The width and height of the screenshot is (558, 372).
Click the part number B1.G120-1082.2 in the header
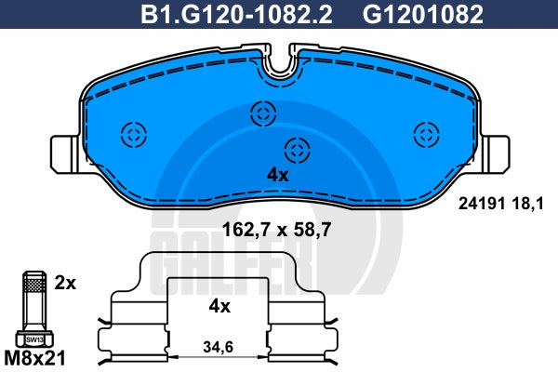pos(236,15)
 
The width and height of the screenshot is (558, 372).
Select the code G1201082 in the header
pos(423,15)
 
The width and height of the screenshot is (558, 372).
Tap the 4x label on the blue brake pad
pos(278,175)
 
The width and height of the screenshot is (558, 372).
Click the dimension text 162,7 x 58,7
pos(276,230)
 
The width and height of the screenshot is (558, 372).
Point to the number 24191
pos(482,204)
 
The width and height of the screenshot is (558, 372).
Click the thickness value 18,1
pos(529,205)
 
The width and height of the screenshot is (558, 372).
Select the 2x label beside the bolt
pos(65,283)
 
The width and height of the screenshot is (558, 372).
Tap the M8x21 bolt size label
pos(34,358)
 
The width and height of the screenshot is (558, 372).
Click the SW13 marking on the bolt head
pos(34,340)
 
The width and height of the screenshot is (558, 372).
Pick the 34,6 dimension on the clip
pos(219,347)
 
